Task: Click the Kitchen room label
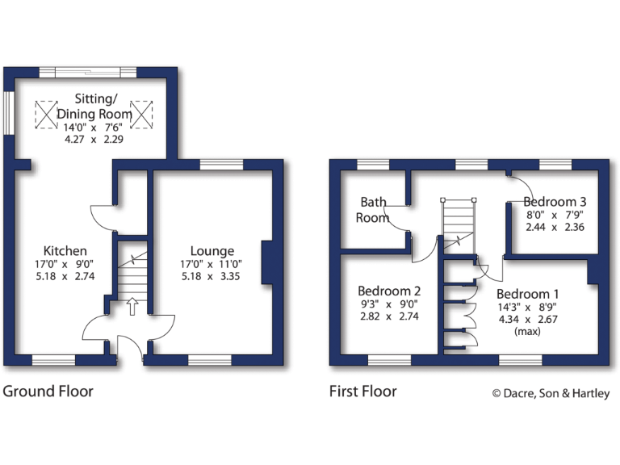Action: pos(65,251)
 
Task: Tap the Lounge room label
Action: pos(212,251)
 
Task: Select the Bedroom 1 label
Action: pos(527,293)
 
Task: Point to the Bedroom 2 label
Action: pos(389,291)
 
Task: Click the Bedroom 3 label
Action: pos(555,202)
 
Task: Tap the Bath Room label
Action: pos(375,210)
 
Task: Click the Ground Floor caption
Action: pos(48,392)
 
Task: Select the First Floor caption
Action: pos(362,392)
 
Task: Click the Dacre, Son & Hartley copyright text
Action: pos(551,393)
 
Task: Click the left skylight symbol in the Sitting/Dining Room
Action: pos(47,114)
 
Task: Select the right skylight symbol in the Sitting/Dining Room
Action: pos(141,114)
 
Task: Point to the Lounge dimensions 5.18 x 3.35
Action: pos(212,277)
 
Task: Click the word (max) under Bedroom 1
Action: pos(527,332)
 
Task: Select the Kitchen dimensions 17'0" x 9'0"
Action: pos(65,264)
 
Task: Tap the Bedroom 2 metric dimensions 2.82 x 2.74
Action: pos(389,316)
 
